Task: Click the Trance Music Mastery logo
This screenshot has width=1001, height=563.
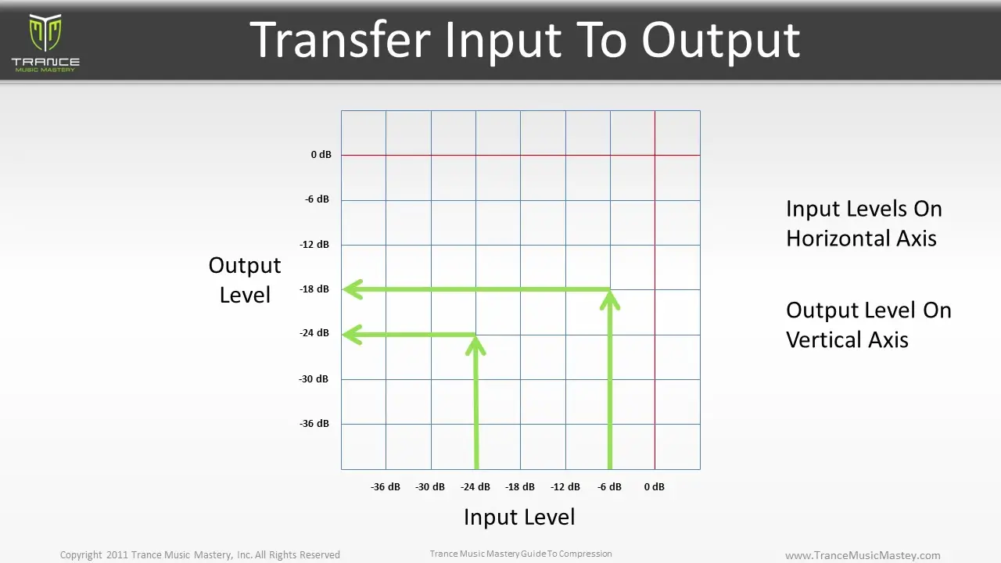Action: click(45, 42)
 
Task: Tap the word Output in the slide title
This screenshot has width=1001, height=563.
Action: click(720, 39)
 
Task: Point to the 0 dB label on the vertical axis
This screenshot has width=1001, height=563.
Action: click(321, 155)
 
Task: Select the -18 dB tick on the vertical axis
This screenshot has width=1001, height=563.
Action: click(314, 289)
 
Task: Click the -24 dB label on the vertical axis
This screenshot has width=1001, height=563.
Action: click(314, 333)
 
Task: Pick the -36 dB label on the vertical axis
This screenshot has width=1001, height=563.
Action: click(314, 424)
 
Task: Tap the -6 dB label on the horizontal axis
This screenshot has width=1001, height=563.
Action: click(609, 486)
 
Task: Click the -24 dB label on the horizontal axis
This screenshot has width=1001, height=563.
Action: click(475, 486)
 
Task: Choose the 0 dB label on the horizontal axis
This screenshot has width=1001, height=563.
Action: click(654, 486)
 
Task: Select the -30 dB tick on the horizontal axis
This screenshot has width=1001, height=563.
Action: click(430, 486)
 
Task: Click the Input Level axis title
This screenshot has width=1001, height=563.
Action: click(519, 517)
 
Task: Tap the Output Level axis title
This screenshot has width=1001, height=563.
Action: click(245, 280)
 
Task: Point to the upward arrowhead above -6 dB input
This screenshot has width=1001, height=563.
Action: click(610, 299)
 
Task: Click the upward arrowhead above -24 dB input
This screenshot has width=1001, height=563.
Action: click(475, 344)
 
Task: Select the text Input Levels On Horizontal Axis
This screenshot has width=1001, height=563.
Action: click(863, 224)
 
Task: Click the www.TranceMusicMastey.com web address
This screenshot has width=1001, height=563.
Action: click(863, 555)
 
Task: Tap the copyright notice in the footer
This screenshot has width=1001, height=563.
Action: click(200, 555)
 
